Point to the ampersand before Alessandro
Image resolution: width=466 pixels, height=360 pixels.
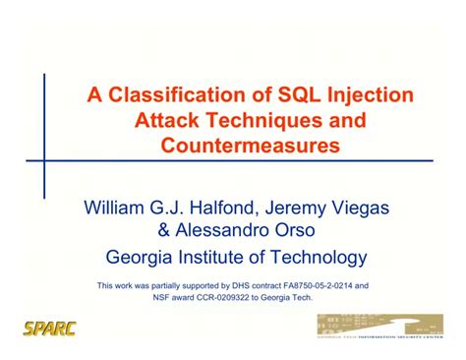(164, 233)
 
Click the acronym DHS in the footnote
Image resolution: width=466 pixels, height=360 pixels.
(237, 286)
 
